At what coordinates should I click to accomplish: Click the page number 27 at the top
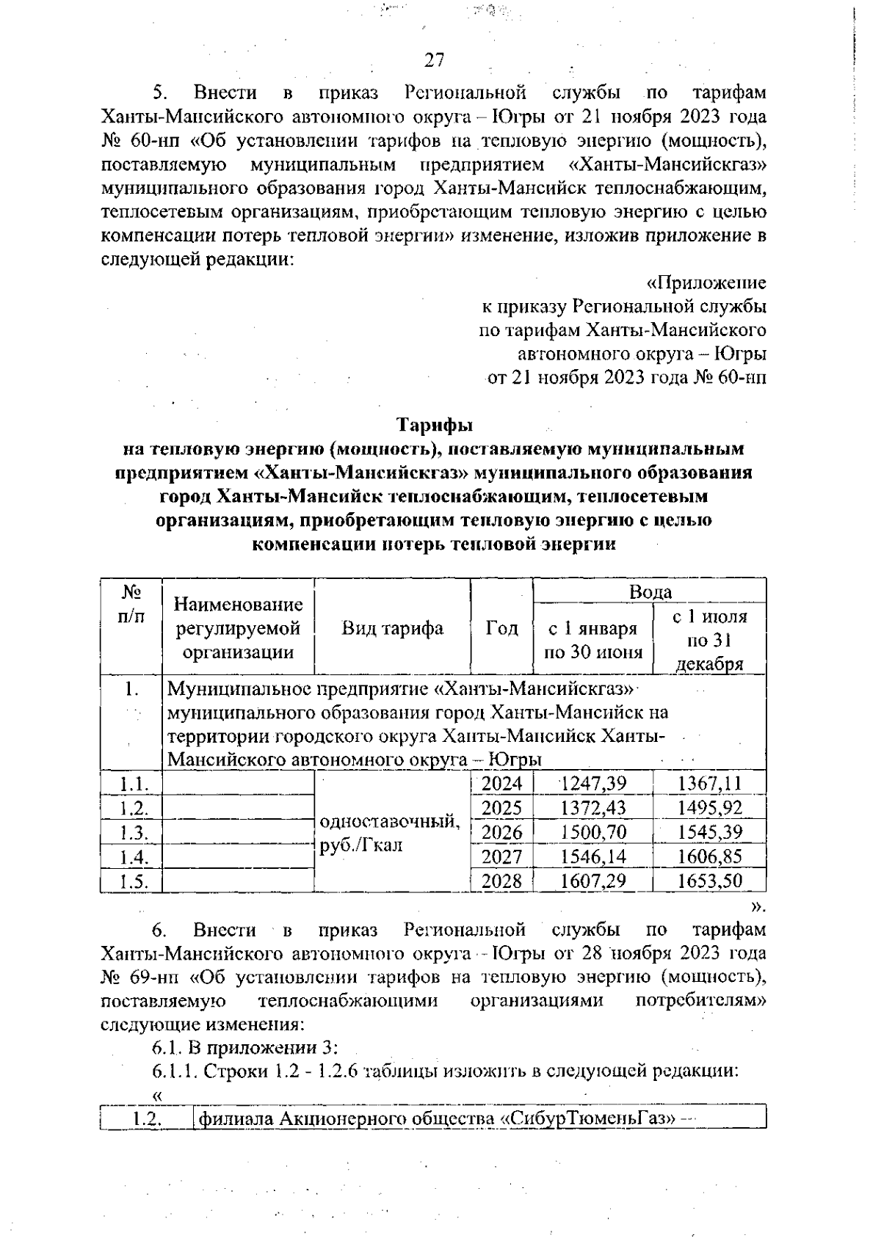pyautogui.click(x=435, y=60)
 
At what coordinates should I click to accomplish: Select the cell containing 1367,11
pyautogui.click(x=709, y=783)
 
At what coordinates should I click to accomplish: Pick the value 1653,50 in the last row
pyautogui.click(x=709, y=881)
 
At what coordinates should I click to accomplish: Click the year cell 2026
pyautogui.click(x=501, y=832)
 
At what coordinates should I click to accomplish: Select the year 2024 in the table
pyautogui.click(x=501, y=783)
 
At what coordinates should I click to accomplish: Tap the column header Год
pyautogui.click(x=501, y=628)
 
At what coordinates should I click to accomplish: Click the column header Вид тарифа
pyautogui.click(x=392, y=628)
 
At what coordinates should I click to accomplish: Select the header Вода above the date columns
pyautogui.click(x=650, y=591)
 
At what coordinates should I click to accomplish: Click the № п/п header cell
pyautogui.click(x=131, y=604)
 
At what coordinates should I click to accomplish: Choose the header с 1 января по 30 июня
pyautogui.click(x=592, y=640)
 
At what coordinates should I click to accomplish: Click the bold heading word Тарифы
pyautogui.click(x=435, y=425)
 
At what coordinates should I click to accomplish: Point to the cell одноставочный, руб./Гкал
pyautogui.click(x=391, y=833)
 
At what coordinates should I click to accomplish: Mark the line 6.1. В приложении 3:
pyautogui.click(x=244, y=1047)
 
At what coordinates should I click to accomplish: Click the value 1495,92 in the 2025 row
pyautogui.click(x=709, y=808)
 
